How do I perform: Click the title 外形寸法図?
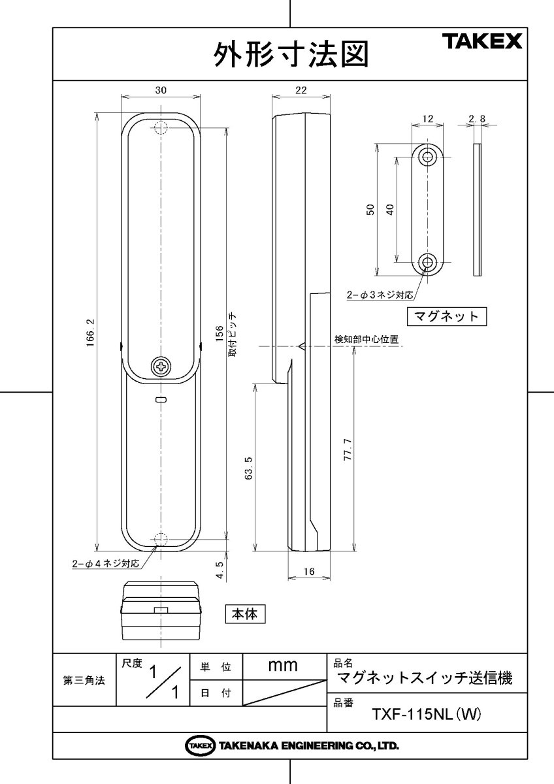pyautogui.click(x=290, y=54)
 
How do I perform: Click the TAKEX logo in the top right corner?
pyautogui.click(x=483, y=42)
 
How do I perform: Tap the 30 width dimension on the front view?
pyautogui.click(x=160, y=91)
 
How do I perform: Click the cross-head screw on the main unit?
pyautogui.click(x=160, y=367)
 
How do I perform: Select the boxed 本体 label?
pyautogui.click(x=246, y=614)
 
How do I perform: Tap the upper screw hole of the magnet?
pyautogui.click(x=428, y=157)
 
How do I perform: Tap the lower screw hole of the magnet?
pyautogui.click(x=428, y=263)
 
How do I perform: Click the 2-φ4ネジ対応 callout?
pyautogui.click(x=106, y=563)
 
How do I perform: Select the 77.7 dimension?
pyautogui.click(x=348, y=451)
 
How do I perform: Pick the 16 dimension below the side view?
pyautogui.click(x=310, y=572)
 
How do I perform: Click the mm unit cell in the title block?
pyautogui.click(x=284, y=666)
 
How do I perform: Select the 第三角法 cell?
pyautogui.click(x=84, y=679)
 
